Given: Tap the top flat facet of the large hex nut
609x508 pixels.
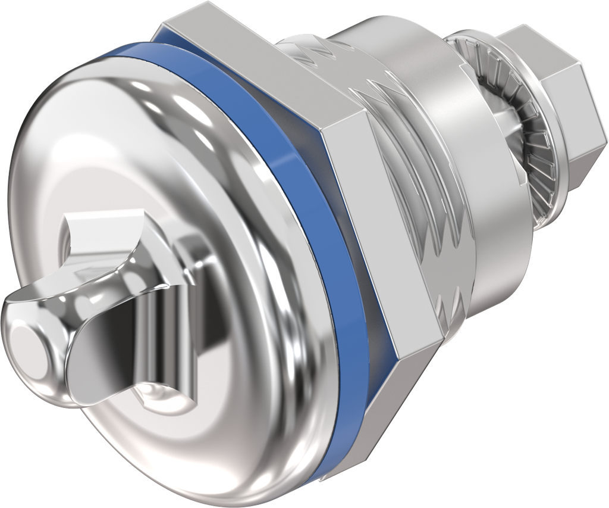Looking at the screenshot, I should tap(262, 66).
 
